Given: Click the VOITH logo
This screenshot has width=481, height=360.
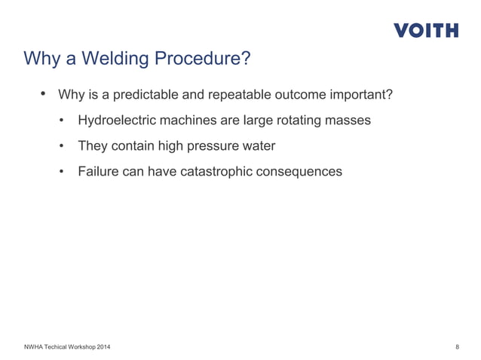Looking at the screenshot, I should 426,30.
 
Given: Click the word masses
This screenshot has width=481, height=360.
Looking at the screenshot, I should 349,121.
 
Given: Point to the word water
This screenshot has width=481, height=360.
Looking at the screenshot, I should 261,146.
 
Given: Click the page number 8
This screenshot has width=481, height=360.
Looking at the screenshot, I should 458,346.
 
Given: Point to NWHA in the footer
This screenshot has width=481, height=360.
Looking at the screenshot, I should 35,346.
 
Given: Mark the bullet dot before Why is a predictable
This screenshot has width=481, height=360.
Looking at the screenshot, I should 43,95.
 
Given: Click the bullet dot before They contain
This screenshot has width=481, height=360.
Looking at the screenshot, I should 63,146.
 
